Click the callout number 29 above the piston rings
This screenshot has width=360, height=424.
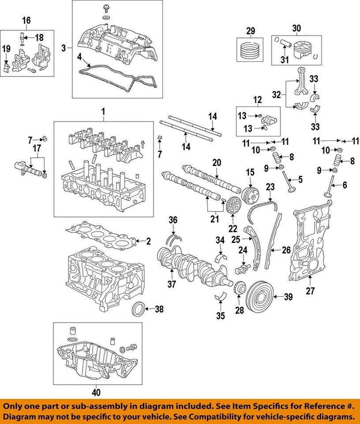click(251, 30)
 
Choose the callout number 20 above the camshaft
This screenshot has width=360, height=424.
click(217, 163)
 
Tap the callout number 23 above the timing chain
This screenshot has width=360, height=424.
click(270, 187)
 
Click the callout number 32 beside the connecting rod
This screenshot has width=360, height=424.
click(276, 94)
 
